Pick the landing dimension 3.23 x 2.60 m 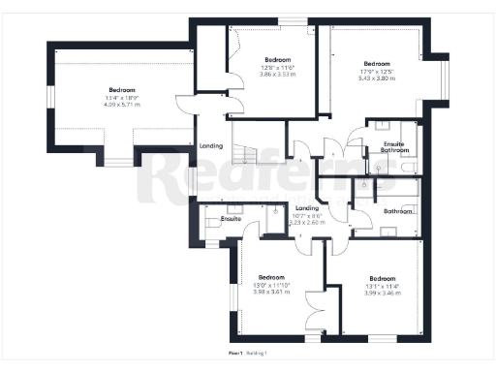pos(307,222)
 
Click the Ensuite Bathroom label pos(395,147)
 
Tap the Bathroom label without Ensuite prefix pos(398,210)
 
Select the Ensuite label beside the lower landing pos(230,219)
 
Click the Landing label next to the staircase pos(210,145)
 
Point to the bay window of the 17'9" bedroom pos(445,85)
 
